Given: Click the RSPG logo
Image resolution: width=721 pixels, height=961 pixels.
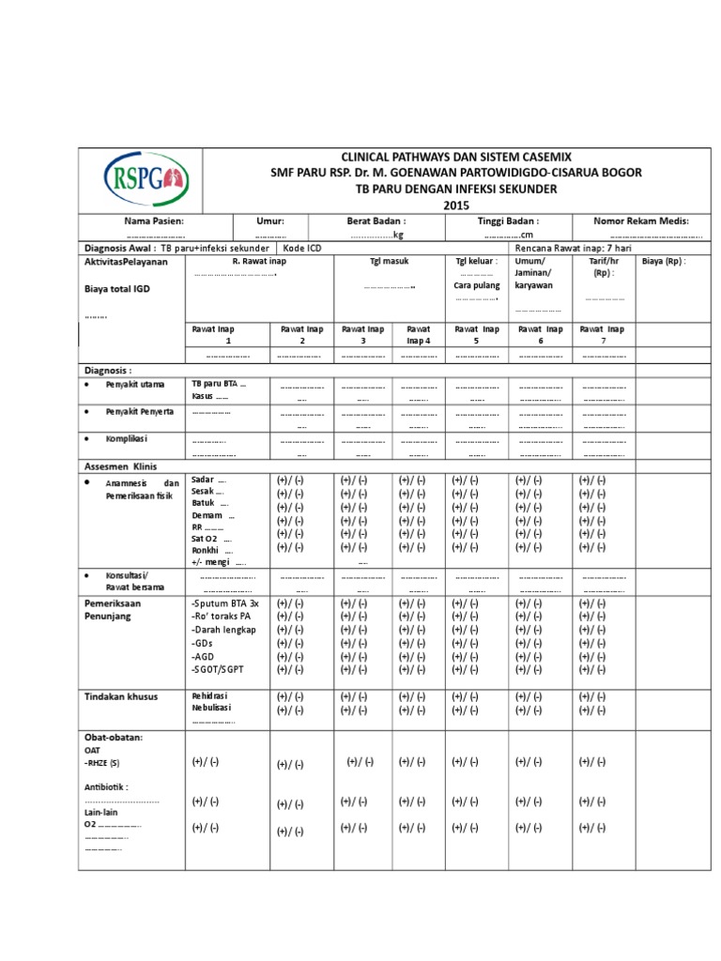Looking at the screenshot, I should [146, 180].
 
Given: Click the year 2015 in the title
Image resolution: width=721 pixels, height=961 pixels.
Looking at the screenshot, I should [453, 206].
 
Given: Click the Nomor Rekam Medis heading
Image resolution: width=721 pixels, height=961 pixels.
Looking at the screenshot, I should [641, 221].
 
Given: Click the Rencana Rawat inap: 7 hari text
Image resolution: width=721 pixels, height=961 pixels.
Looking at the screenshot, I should [570, 248].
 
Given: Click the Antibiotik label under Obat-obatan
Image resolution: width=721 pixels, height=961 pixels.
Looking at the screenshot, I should [107, 786].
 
